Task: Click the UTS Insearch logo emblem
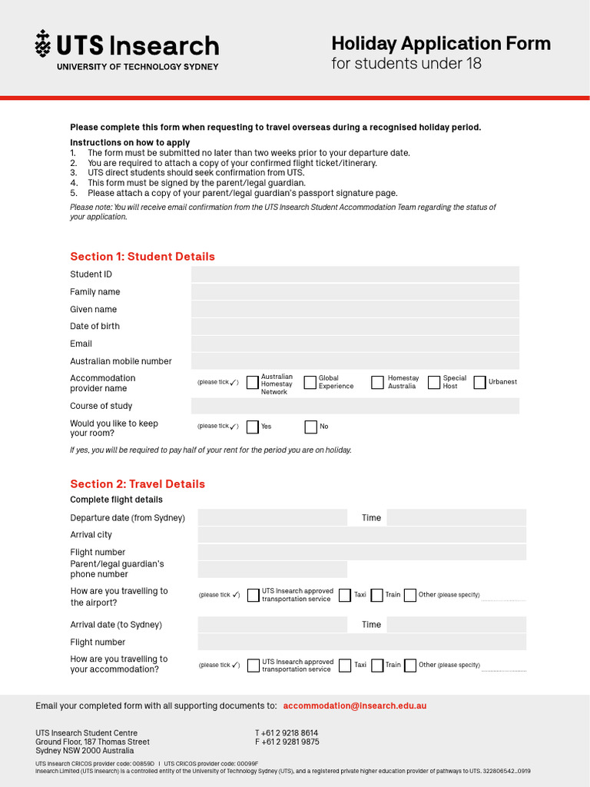click(x=43, y=45)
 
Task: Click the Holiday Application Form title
click(x=440, y=44)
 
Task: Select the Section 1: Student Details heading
click(x=142, y=257)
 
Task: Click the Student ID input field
click(x=355, y=274)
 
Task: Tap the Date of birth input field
click(x=355, y=327)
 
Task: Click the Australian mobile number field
click(x=355, y=361)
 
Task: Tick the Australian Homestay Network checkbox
click(x=253, y=383)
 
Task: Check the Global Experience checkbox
click(x=310, y=383)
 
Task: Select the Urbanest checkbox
click(x=480, y=383)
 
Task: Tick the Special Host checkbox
click(x=434, y=383)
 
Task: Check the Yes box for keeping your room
click(x=253, y=427)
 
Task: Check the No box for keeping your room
click(x=311, y=427)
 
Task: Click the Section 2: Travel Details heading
click(x=138, y=484)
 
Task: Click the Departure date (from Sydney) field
click(x=272, y=518)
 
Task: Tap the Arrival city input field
click(x=362, y=535)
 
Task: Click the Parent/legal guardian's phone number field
click(x=272, y=569)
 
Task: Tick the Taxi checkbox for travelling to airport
click(x=345, y=596)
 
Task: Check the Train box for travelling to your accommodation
click(x=377, y=666)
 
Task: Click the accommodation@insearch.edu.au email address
click(x=354, y=706)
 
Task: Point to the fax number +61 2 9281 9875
click(x=287, y=742)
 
